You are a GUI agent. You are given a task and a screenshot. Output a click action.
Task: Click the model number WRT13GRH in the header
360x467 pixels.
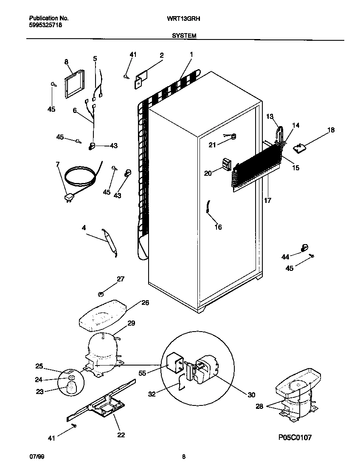coord(186,19)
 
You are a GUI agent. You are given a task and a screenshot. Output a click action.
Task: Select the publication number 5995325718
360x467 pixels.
coord(46,25)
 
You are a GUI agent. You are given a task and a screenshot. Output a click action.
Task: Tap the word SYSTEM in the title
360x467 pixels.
coord(184,36)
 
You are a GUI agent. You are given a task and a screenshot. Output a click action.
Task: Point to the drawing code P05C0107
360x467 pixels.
coord(295,438)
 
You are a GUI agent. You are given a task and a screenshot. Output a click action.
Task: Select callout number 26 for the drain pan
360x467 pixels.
coord(145,303)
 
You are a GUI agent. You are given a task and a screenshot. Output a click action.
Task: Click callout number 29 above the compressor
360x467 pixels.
coord(131,324)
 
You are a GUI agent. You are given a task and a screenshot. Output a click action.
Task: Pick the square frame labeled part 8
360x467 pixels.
coord(73,84)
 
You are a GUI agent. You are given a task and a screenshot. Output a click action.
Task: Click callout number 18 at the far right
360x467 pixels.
coord(331,130)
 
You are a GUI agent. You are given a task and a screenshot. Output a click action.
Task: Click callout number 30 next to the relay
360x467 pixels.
coord(251,395)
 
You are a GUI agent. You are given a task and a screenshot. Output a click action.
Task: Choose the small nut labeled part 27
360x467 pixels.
coord(101,293)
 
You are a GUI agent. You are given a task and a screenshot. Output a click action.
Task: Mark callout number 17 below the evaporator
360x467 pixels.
coord(267,200)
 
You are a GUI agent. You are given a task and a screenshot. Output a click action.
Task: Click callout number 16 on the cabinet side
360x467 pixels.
coord(218,227)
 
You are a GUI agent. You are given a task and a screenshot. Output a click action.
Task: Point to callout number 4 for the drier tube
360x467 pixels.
coord(84,228)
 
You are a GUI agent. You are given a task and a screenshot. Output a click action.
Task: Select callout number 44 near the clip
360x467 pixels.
coord(285,257)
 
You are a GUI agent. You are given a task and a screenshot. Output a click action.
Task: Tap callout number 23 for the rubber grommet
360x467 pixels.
coord(40,392)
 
